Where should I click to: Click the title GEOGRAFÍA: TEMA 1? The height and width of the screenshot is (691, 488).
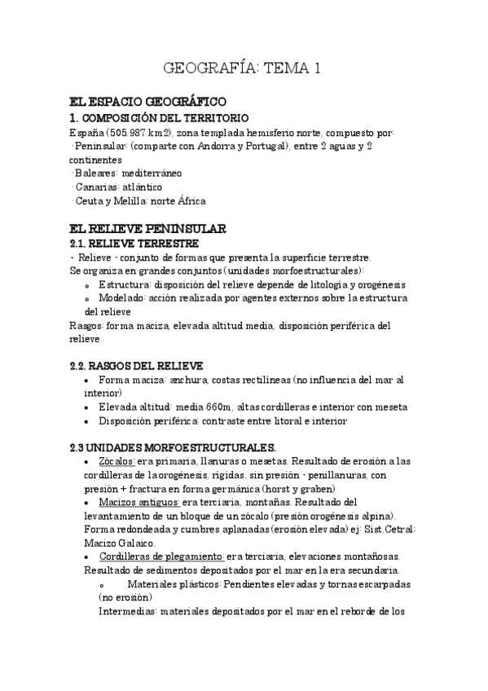pyautogui.click(x=244, y=68)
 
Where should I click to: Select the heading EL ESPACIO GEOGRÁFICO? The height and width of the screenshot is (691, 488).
pyautogui.click(x=147, y=103)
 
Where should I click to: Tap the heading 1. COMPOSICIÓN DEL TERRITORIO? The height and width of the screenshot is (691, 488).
pyautogui.click(x=160, y=118)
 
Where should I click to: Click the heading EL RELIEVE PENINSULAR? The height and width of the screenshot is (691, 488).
pyautogui.click(x=147, y=229)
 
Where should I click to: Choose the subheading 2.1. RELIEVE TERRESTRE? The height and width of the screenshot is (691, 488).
pyautogui.click(x=134, y=243)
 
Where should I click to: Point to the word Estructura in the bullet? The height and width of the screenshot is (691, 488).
pyautogui.click(x=123, y=284)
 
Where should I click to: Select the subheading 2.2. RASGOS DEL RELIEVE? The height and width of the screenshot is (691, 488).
pyautogui.click(x=137, y=366)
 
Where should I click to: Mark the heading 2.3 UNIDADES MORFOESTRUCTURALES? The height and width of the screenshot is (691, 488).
pyautogui.click(x=173, y=447)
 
